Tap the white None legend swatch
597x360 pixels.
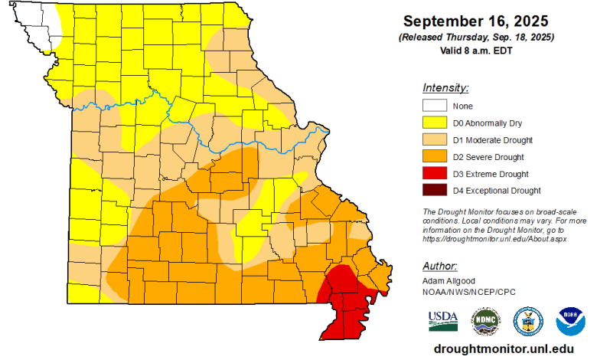tap(433, 106)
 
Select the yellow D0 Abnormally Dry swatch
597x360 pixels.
tap(433, 123)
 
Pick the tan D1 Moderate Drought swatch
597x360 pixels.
tap(433, 139)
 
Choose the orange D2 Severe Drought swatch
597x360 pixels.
tap(433, 156)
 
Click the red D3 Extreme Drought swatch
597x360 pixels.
tap(433, 173)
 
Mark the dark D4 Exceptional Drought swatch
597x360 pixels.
tap(433, 190)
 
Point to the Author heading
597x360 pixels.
tap(439, 266)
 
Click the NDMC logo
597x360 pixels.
tap(485, 320)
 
